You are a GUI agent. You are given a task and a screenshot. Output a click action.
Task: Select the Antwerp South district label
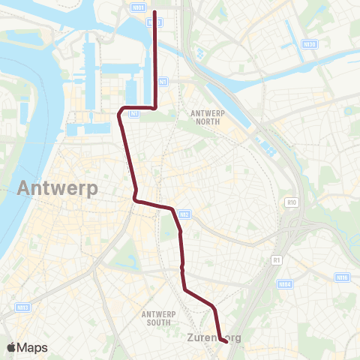[x=161, y=317]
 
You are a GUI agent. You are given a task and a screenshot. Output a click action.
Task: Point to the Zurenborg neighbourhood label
[x=214, y=337]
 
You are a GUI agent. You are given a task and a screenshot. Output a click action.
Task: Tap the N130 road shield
[x=309, y=44]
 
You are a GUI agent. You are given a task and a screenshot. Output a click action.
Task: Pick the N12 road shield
[x=185, y=215]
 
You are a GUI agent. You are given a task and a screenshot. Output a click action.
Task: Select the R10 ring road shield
[x=292, y=202]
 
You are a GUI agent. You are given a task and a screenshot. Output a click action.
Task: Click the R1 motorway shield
[x=276, y=259]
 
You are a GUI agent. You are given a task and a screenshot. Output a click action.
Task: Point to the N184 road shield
[x=284, y=284]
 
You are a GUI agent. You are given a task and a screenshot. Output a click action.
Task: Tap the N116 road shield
[x=343, y=277]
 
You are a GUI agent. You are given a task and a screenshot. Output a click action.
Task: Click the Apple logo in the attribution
[x=11, y=347]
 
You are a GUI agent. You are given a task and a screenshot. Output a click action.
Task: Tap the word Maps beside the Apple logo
[x=33, y=347]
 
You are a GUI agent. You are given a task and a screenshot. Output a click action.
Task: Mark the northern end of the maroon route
[x=154, y=12]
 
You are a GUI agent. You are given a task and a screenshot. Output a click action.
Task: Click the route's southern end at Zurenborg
[x=226, y=342]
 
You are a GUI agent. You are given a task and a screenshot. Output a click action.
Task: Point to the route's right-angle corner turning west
[x=154, y=107]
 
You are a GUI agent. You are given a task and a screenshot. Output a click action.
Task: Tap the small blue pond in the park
[x=201, y=55]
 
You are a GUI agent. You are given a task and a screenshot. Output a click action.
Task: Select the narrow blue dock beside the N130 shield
[x=289, y=34]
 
